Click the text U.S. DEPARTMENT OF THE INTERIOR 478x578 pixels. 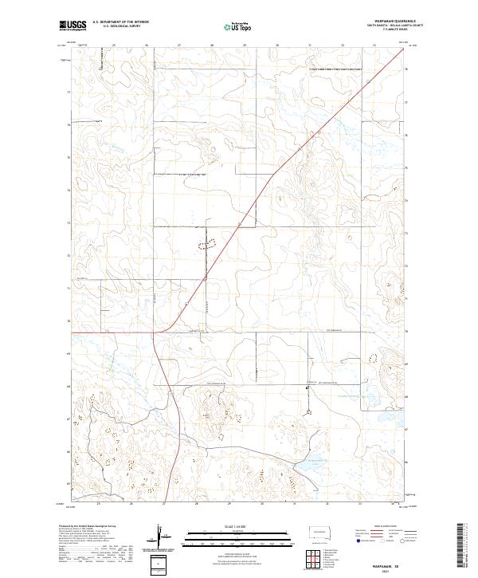coord(120,22)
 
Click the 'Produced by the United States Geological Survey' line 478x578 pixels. coord(88,527)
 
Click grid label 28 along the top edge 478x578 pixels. coord(212,45)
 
